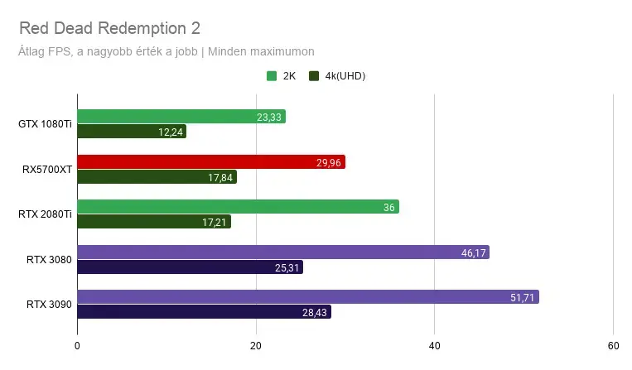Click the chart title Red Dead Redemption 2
109,28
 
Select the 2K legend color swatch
272,75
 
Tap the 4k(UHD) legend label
345,75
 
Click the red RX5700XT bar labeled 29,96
211,162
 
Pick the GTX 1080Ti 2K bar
181,117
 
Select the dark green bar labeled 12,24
132,132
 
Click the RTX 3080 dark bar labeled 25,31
191,267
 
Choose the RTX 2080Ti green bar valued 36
239,207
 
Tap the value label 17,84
220,178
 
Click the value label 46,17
474,252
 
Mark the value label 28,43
315,312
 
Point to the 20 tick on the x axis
256,346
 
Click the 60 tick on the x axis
613,346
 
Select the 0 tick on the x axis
77,346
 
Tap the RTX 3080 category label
49,260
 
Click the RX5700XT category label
47,170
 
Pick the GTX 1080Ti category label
45,124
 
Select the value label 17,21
214,222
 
